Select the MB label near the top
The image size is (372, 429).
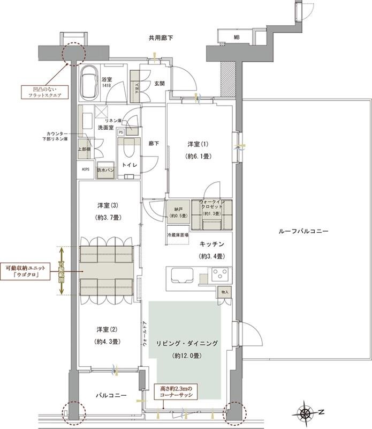tap(236, 38)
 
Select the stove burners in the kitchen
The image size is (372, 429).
tap(219, 276)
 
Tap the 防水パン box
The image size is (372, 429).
tap(105, 170)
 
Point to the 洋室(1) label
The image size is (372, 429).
tap(197, 145)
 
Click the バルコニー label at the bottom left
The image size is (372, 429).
tap(111, 395)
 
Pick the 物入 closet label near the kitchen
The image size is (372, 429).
tap(224, 292)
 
